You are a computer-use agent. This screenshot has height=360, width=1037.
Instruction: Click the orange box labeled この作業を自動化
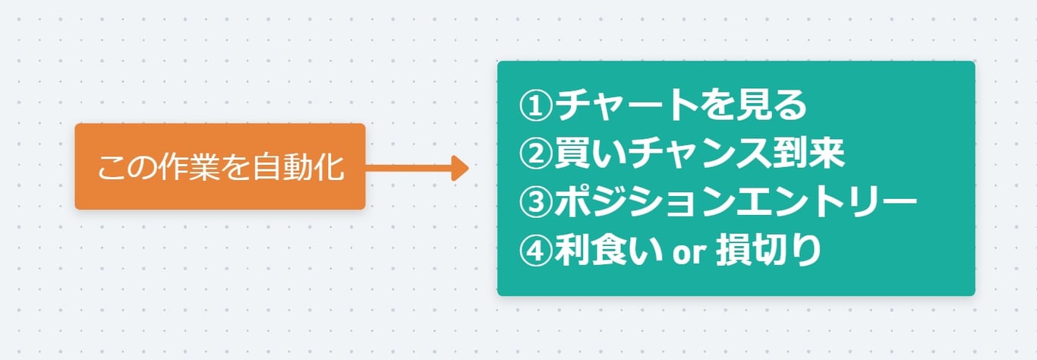pyautogui.click(x=219, y=166)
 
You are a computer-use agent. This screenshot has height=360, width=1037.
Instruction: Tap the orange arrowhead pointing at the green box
pyautogui.click(x=460, y=167)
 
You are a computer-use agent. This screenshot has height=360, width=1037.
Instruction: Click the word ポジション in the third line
pyautogui.click(x=646, y=203)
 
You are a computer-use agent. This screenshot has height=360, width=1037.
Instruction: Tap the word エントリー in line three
pyautogui.click(x=828, y=203)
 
